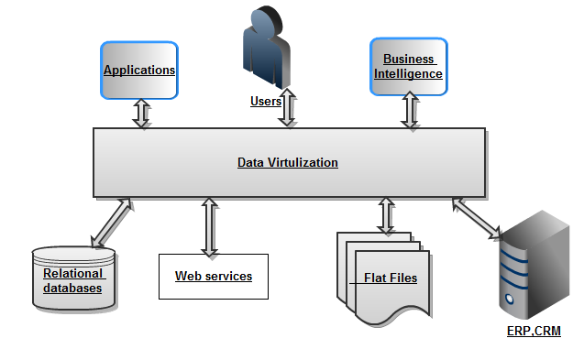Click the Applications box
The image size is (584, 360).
pyautogui.click(x=138, y=71)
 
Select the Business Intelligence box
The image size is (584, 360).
pyautogui.click(x=408, y=66)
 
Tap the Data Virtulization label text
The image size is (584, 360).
pyautogui.click(x=288, y=163)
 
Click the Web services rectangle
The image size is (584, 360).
pyautogui.click(x=214, y=276)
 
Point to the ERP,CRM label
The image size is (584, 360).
pyautogui.click(x=534, y=331)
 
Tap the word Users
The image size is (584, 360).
pyautogui.click(x=265, y=102)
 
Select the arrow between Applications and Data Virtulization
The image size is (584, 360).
pyautogui.click(x=142, y=114)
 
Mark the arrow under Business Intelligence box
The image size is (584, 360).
pyautogui.click(x=409, y=111)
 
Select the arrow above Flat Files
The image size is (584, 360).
pyautogui.click(x=387, y=215)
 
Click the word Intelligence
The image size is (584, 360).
pyautogui.click(x=413, y=74)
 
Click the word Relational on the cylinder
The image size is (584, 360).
pyautogui.click(x=73, y=274)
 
